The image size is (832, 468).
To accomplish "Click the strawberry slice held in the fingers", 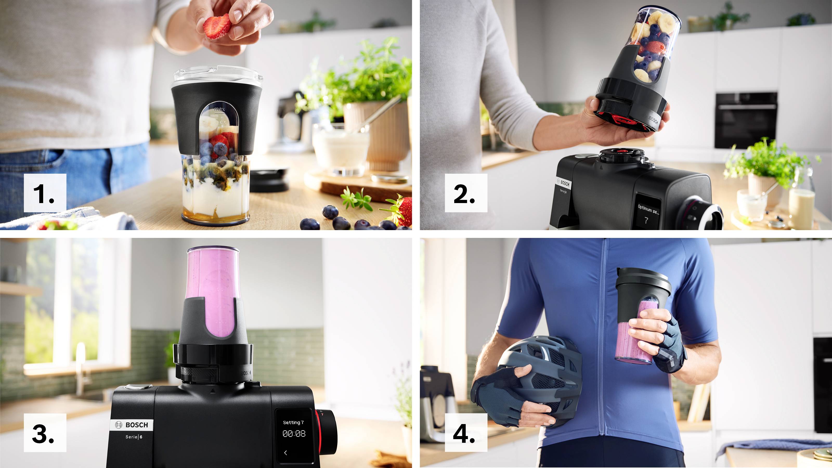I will pos(217,26).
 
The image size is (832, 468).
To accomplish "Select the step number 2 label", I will pos(466,193).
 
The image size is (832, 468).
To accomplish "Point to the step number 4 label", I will pos(466,433).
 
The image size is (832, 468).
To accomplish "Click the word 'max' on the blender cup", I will pos(220,110).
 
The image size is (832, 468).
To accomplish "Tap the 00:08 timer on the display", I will pos(294,434).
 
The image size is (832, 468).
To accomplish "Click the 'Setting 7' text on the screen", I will pos(293,422).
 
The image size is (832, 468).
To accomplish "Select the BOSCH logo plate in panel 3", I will pos(132,425).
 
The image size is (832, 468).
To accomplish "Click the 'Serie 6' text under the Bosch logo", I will pos(134,437).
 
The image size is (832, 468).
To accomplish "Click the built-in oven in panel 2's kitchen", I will pos(745,120).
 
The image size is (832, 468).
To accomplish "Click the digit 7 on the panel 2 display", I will pos(646,220).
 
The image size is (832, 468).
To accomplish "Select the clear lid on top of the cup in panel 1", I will pos(217,74).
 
